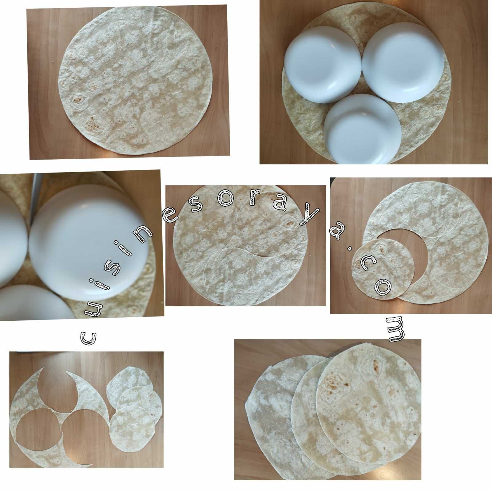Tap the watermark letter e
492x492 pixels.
171,218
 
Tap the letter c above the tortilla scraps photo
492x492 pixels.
89,338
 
